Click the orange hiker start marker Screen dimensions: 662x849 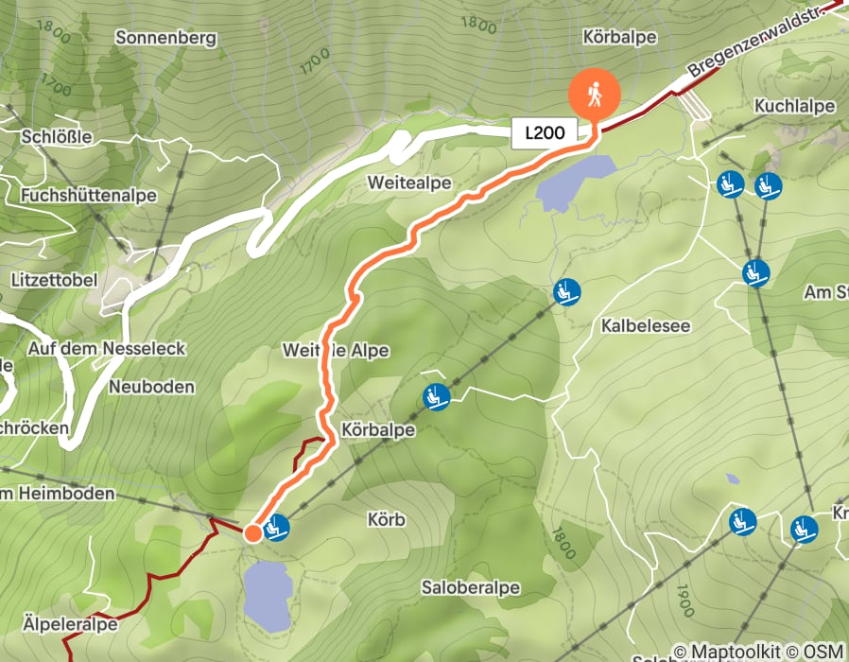pyautogui.click(x=594, y=94)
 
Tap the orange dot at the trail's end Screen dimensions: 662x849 pyautogui.click(x=252, y=533)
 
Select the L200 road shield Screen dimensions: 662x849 pyautogui.click(x=545, y=132)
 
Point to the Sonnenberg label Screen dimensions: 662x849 pyautogui.click(x=165, y=39)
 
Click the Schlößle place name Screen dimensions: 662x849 pyautogui.click(x=56, y=137)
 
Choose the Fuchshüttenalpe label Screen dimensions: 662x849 pyautogui.click(x=87, y=195)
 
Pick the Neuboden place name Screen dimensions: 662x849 pyautogui.click(x=151, y=387)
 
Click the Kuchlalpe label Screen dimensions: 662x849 pyautogui.click(x=794, y=107)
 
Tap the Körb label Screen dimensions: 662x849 pyautogui.click(x=386, y=520)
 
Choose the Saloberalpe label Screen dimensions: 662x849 pyautogui.click(x=471, y=588)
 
